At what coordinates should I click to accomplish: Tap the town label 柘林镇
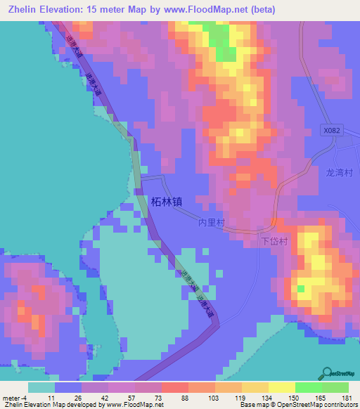point(167,201)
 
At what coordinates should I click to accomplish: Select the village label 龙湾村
point(339,171)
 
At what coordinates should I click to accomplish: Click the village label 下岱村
point(275,240)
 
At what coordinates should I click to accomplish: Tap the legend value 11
point(51,398)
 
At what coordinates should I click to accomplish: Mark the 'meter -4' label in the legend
point(14,398)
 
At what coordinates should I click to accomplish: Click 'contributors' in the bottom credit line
point(338,405)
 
